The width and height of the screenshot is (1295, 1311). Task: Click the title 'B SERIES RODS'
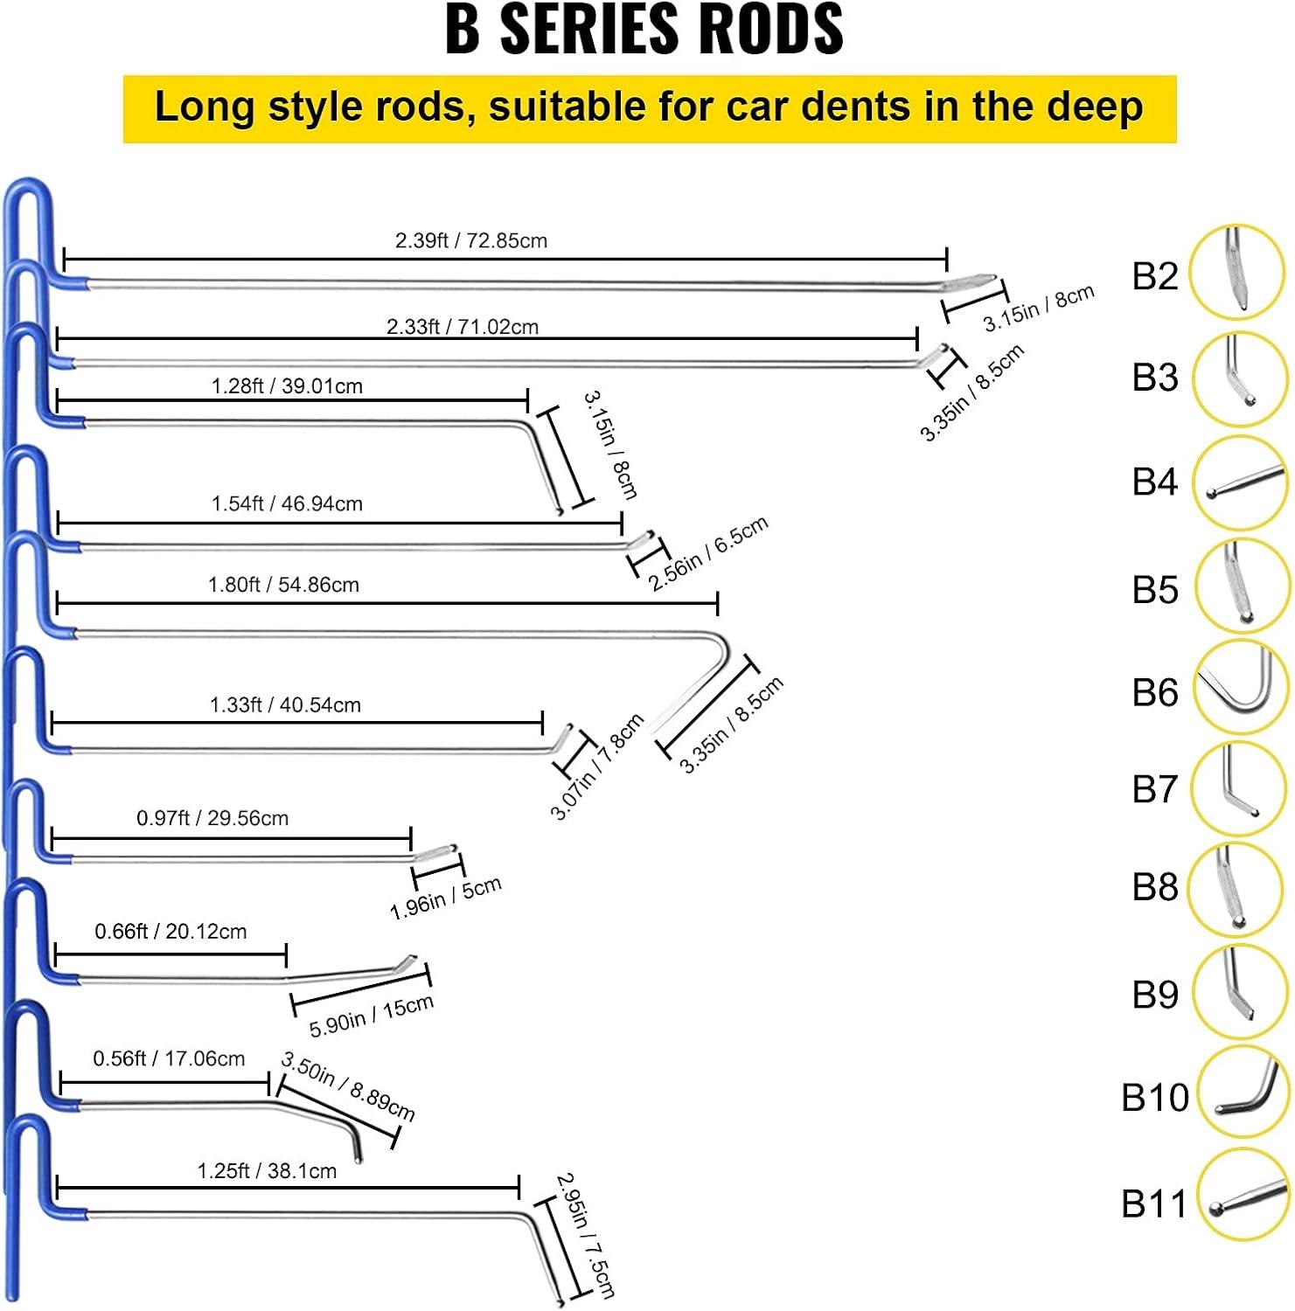(x=644, y=30)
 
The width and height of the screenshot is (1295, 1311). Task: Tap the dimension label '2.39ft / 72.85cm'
(x=471, y=240)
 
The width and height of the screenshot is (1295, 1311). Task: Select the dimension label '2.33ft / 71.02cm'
(x=463, y=327)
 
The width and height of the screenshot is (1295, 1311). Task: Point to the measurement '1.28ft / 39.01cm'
(x=287, y=386)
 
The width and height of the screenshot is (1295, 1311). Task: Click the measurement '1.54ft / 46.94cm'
(x=287, y=503)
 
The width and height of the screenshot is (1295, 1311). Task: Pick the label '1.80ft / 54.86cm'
(x=283, y=585)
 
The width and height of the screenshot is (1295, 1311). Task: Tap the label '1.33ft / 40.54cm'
(x=285, y=704)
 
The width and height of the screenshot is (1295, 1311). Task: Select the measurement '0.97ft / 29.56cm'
(x=212, y=818)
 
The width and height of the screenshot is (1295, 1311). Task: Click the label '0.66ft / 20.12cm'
(x=171, y=932)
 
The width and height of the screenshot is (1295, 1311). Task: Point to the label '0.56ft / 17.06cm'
(x=169, y=1058)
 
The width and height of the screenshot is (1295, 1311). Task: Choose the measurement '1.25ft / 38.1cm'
(x=267, y=1171)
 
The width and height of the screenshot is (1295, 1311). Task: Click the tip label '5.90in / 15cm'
(x=372, y=1016)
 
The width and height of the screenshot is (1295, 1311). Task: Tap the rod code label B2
(x=1155, y=276)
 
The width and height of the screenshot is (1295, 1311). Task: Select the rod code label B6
(x=1155, y=692)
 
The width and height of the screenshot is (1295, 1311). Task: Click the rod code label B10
(x=1155, y=1098)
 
